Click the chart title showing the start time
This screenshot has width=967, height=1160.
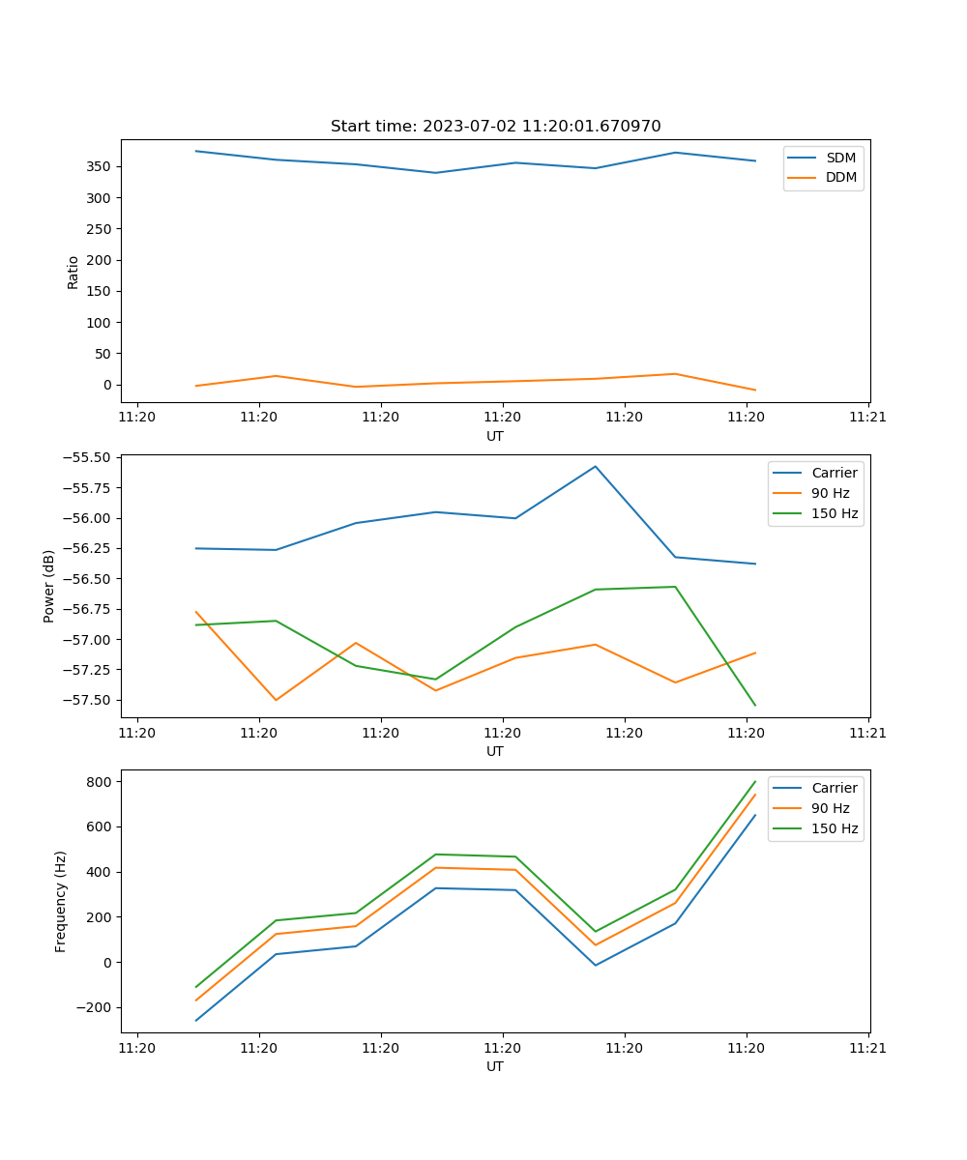(x=495, y=126)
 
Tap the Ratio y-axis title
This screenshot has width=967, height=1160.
(x=73, y=272)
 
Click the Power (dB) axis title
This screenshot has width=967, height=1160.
(x=49, y=586)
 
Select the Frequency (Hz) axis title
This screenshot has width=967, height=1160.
(x=61, y=901)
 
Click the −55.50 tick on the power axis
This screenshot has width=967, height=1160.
(x=85, y=457)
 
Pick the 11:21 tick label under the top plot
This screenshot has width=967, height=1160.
(x=868, y=417)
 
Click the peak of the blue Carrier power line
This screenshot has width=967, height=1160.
(x=596, y=466)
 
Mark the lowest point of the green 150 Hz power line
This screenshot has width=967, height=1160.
(x=755, y=706)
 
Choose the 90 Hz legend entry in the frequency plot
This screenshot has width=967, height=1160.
(x=831, y=808)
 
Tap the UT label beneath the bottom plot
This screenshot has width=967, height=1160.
(x=495, y=1066)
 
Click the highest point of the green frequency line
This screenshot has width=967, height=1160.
(x=755, y=781)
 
